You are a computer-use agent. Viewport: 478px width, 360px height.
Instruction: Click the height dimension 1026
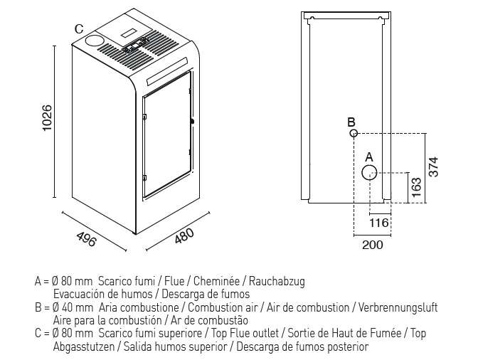(x=48, y=118)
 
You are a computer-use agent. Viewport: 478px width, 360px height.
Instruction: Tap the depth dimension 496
(x=86, y=239)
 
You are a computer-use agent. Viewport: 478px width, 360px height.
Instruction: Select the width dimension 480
(x=184, y=235)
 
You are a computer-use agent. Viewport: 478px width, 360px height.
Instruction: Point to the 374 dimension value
(x=433, y=166)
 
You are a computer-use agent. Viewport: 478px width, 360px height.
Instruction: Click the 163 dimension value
(x=416, y=187)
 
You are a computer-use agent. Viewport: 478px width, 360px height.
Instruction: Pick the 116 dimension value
(x=379, y=223)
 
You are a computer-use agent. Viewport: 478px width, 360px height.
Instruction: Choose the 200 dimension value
(x=373, y=245)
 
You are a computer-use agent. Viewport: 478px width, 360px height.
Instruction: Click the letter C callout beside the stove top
(x=79, y=29)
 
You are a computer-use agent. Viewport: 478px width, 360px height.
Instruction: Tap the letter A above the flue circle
(x=369, y=157)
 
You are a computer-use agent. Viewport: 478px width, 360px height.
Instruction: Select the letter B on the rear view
(x=351, y=122)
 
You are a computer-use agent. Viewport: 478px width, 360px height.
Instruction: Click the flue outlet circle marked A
(x=369, y=173)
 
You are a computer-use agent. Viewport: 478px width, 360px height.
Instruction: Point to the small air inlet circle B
(x=354, y=133)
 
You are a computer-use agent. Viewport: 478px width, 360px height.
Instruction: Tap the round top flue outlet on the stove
(x=94, y=41)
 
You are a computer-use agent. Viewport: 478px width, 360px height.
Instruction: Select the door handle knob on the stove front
(x=192, y=122)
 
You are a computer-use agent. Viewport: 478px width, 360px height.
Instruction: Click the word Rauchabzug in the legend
(x=277, y=281)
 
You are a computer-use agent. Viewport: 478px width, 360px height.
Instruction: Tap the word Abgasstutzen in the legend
(x=84, y=346)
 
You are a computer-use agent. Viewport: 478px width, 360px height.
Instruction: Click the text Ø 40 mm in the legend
(x=73, y=307)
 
